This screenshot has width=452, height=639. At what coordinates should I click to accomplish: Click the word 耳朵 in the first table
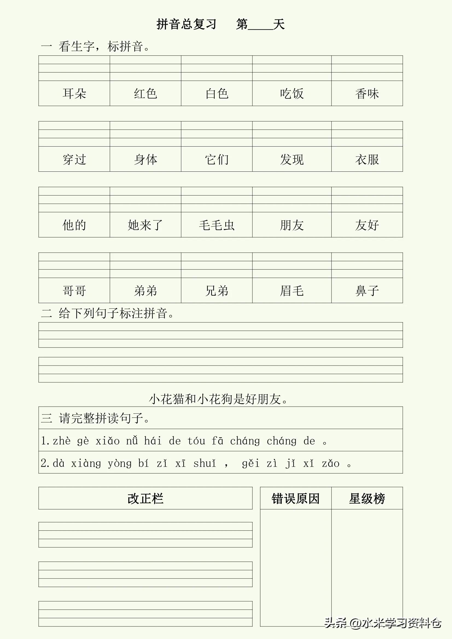coord(74,94)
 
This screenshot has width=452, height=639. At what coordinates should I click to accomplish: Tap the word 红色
coord(145,94)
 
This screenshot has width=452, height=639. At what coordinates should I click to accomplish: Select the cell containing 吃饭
coord(292,94)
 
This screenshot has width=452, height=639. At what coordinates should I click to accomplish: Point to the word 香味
coord(367,94)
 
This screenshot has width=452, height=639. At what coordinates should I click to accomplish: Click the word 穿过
coord(74,159)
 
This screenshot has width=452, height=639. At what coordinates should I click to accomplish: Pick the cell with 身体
coord(145,159)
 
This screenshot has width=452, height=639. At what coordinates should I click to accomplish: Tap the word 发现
coord(292,159)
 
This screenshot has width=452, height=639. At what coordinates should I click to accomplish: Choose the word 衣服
coord(367,159)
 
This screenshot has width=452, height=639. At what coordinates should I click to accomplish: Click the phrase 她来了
coord(145,225)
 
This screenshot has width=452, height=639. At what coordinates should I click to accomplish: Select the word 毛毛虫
coord(217,225)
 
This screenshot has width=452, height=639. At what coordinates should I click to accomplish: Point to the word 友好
coord(367,225)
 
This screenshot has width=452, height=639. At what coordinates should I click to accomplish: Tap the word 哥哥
coord(74,291)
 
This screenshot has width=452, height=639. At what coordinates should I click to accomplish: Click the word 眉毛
coord(292,291)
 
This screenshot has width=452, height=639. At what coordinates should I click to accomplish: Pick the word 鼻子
coord(367,291)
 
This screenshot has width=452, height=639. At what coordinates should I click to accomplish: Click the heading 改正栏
coord(145,499)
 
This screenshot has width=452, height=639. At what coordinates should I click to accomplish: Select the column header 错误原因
coord(296,499)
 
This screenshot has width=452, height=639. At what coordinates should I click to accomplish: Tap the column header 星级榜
coord(367,499)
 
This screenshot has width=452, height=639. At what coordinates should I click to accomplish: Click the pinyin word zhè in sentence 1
coord(62,441)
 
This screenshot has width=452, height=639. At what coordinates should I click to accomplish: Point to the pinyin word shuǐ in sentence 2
coord(205,463)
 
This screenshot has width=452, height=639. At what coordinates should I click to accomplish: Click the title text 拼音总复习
coord(186,25)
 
